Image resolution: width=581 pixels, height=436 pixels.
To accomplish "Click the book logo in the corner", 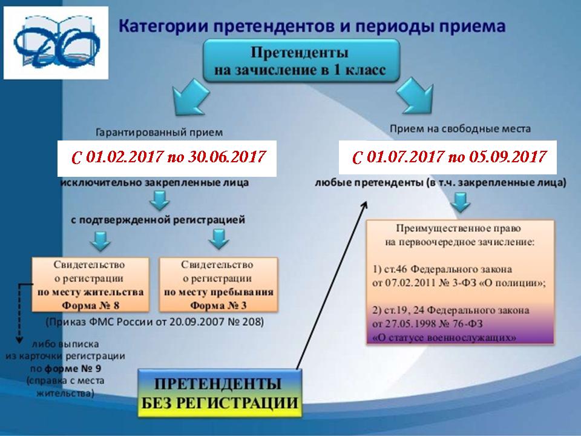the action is click(56, 42).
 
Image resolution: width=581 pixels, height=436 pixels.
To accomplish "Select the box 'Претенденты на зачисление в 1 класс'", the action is click(301, 61).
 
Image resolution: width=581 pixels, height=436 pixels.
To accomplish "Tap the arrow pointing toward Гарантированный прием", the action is click(191, 97).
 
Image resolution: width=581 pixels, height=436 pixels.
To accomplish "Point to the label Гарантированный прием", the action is click(159, 133).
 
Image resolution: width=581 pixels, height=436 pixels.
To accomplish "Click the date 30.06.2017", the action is click(227, 157).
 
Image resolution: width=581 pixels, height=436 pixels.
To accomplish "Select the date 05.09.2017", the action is click(508, 157).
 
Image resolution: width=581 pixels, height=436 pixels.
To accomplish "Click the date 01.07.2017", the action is click(405, 157).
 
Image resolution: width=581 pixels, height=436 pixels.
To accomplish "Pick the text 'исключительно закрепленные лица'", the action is click(154, 183).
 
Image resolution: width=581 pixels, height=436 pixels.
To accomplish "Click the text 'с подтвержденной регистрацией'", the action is click(158, 220).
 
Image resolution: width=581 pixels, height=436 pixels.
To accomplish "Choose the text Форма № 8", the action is click(90, 305).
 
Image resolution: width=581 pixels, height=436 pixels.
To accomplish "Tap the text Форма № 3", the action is click(218, 305).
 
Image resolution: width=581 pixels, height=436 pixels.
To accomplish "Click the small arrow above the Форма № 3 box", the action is click(218, 239).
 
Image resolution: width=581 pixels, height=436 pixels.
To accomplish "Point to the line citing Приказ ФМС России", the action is click(155, 322).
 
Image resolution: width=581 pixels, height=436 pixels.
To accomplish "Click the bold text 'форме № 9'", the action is click(73, 369).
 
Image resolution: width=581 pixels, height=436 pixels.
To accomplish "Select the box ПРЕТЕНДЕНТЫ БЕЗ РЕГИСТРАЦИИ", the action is click(220, 394).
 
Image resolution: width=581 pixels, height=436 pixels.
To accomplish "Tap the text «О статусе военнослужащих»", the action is click(444, 338).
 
